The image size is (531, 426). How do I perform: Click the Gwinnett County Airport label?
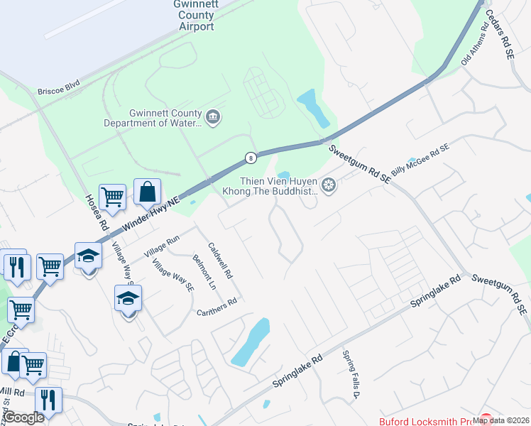click(x=193, y=15)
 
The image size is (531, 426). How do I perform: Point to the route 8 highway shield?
click(x=250, y=158)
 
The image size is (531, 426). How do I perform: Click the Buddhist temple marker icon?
click(x=328, y=186)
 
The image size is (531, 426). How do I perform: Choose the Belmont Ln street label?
click(x=204, y=273)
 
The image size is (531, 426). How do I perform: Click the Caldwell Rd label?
click(x=221, y=261)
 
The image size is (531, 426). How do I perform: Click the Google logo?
click(x=24, y=417)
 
